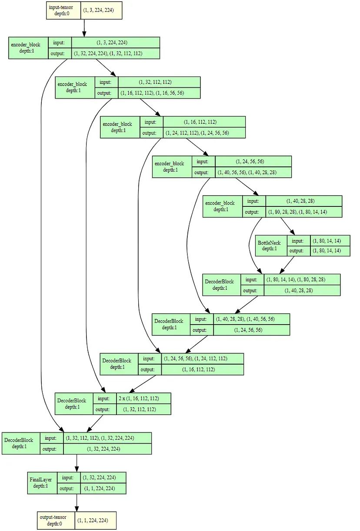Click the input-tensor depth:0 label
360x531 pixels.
63,10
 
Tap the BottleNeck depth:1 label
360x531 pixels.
269,246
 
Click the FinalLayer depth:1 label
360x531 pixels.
41,483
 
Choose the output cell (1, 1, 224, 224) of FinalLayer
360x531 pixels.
99,488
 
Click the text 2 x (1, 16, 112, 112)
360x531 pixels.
139,398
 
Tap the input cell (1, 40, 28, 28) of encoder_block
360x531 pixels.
303,201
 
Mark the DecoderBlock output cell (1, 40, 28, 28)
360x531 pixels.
302,290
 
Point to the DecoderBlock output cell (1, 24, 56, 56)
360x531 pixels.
251,330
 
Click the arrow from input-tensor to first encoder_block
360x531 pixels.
84,28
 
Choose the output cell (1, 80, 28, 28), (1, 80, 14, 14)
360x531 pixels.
303,212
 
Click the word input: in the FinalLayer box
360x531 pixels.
68,478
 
